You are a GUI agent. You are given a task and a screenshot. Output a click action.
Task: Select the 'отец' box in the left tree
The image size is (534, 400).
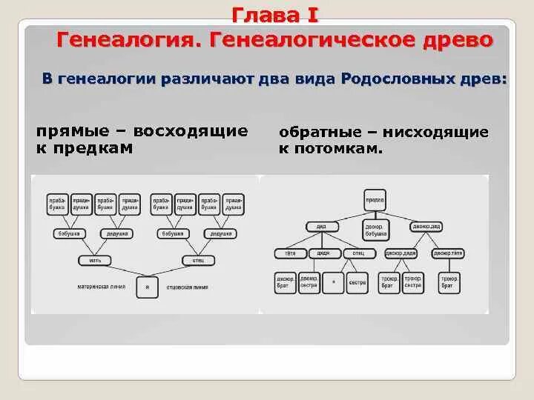coord(199,260)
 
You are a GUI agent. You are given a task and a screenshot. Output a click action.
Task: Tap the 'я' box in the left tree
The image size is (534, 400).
coord(147,287)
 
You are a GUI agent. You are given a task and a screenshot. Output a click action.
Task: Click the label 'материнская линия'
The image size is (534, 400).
coord(102,286)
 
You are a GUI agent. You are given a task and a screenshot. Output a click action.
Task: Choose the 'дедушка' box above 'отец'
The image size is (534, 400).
coord(222,234)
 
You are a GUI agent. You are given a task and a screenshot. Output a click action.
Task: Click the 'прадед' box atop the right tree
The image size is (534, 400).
coord(375,199)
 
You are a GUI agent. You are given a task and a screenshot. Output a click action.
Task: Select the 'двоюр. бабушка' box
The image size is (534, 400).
coord(375,230)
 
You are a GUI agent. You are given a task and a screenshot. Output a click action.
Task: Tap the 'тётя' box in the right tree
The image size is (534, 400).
coord(286,253)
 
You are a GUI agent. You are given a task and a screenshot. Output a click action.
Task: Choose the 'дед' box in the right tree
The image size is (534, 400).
coord(322,226)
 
